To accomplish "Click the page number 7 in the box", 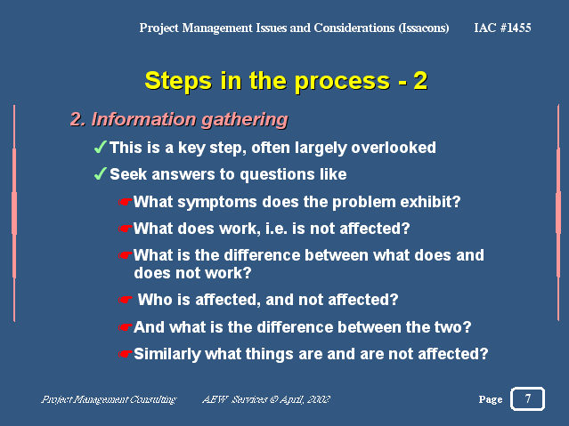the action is click(x=528, y=398).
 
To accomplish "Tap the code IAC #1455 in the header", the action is click(x=502, y=28).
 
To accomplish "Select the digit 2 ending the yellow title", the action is click(x=420, y=81).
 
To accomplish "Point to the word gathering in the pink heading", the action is click(x=244, y=120).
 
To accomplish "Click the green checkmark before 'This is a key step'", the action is click(x=100, y=148).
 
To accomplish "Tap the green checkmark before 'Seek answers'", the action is click(x=100, y=173).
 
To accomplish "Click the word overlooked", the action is click(x=394, y=148).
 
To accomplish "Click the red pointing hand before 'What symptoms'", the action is click(x=126, y=202).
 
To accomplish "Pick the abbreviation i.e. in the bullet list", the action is click(x=276, y=229).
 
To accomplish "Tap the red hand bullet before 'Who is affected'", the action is click(x=126, y=300).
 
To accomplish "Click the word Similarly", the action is click(x=167, y=355).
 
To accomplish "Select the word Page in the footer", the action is click(x=491, y=399).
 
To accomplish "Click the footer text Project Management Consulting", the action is click(x=109, y=399).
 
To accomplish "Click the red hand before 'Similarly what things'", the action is click(x=126, y=354).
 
